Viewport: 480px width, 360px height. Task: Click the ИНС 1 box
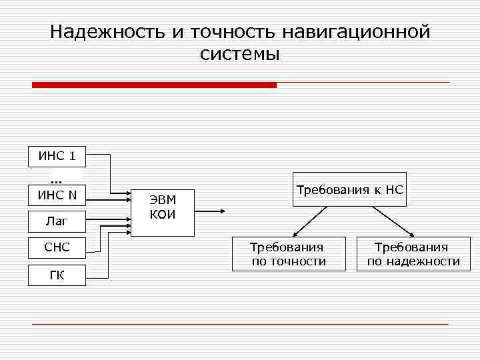point(57,157)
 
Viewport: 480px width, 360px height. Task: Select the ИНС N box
point(57,195)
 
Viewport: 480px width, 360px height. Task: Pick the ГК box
point(57,275)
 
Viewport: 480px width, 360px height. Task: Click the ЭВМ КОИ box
point(163,207)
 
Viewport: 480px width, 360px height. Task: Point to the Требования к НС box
point(350,190)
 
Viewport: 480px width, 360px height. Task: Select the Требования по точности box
point(289,254)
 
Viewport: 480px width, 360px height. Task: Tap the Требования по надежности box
point(413,254)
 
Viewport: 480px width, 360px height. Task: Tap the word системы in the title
point(239,54)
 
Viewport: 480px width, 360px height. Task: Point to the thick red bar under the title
point(154,85)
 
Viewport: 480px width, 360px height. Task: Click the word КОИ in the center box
point(163,214)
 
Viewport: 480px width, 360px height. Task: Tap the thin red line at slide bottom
point(240,324)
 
